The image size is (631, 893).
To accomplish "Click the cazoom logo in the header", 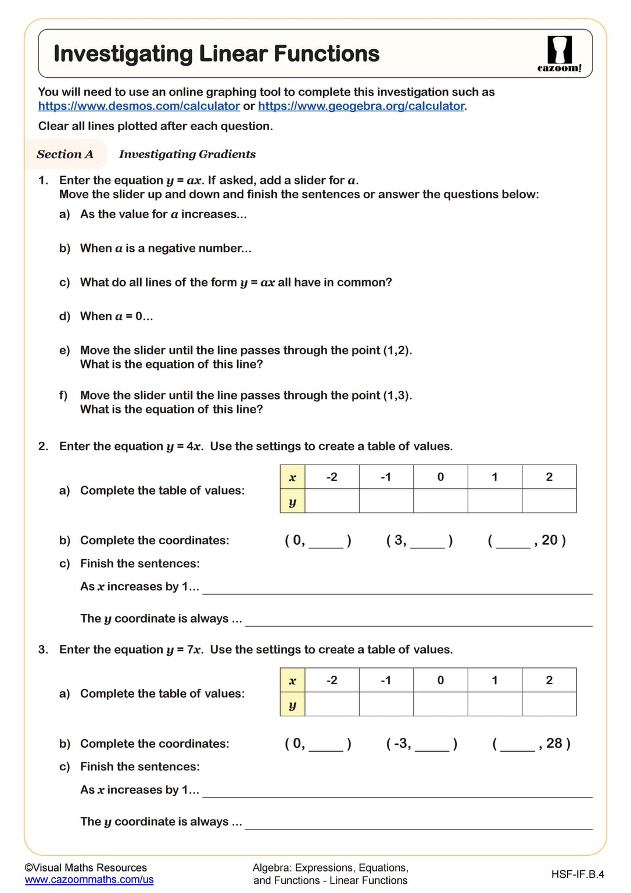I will [x=559, y=53].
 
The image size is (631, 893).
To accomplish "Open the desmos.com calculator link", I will [x=139, y=106].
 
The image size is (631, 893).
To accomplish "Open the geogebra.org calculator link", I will [x=361, y=106].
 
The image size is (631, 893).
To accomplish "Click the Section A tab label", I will [x=65, y=154].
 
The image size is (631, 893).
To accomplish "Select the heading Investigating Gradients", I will [x=187, y=154].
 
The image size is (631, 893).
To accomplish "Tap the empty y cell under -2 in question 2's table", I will [x=332, y=501].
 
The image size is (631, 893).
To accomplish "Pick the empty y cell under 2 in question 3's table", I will [x=549, y=704].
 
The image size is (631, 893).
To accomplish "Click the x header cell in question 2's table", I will [x=292, y=477].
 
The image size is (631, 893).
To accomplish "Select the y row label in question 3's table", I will [x=292, y=705].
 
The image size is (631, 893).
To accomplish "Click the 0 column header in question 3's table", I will [x=440, y=680].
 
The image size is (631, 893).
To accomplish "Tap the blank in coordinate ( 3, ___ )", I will [x=427, y=542].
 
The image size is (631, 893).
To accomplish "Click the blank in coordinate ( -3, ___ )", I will [x=432, y=745].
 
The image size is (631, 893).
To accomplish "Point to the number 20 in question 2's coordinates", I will [x=550, y=540].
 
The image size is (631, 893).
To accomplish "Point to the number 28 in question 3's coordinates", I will [x=554, y=743].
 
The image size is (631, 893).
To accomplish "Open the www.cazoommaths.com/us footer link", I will [x=89, y=880].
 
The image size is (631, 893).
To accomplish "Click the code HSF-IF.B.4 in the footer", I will [x=577, y=874].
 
